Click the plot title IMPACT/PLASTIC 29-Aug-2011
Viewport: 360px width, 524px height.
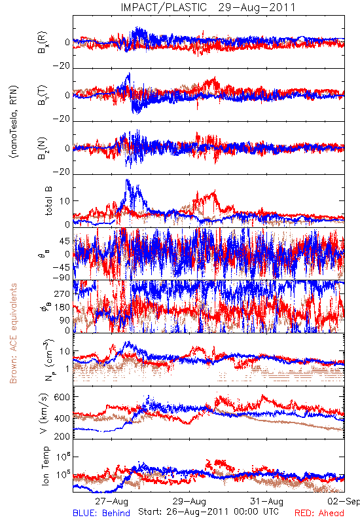pos(208,7)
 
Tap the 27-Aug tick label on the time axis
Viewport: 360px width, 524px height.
pos(111,501)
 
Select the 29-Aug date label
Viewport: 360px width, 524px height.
pos(189,501)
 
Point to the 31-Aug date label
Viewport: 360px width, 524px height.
pos(267,501)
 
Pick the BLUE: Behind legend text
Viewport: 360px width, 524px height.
pos(101,513)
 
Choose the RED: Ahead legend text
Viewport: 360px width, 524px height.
pos(319,513)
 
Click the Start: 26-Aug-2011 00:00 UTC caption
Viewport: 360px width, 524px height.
pos(208,512)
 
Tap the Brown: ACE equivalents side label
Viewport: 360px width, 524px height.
pos(13,333)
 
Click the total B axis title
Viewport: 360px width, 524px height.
pos(48,200)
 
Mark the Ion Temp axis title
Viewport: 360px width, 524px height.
pos(45,466)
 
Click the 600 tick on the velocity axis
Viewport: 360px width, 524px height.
pos(62,397)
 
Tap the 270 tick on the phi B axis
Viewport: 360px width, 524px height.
pos(62,293)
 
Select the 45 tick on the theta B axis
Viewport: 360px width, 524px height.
pos(65,241)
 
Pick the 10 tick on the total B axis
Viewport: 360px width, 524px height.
pos(65,201)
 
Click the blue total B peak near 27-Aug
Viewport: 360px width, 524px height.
pos(127,180)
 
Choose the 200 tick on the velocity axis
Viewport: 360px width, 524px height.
pos(62,436)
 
